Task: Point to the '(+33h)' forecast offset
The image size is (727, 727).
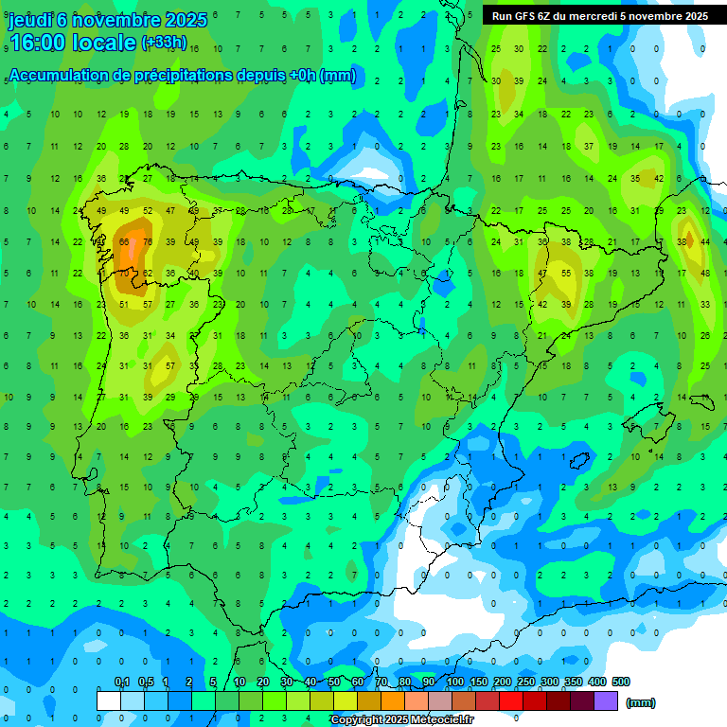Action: point(164,43)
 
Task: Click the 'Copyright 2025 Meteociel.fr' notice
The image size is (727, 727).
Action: point(401,720)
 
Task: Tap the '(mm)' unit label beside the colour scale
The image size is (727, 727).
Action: point(641,702)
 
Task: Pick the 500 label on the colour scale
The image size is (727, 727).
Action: point(620,682)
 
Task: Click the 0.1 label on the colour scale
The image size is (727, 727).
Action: point(122,682)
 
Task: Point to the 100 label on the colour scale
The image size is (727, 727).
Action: point(455,682)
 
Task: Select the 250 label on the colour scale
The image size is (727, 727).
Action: point(526,682)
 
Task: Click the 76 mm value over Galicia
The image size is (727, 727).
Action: point(148,242)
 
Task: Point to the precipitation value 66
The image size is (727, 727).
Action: point(124,242)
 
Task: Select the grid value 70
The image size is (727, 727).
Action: point(124,274)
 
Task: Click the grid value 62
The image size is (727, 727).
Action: point(148,274)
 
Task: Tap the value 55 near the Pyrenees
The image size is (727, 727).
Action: point(566,273)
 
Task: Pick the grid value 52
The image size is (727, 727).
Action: point(148,211)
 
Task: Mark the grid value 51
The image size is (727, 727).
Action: point(124,305)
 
